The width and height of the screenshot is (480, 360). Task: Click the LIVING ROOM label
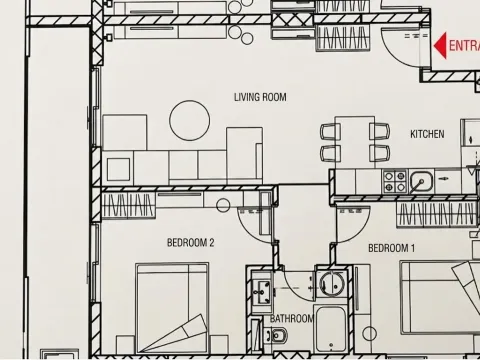(x=260, y=97)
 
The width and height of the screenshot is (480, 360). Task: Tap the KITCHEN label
(x=427, y=133)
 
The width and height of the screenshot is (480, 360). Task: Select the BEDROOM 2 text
(x=190, y=242)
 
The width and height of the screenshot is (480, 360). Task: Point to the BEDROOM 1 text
(x=391, y=248)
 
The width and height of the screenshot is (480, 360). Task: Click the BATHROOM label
(x=292, y=319)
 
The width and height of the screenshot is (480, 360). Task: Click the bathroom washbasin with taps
(x=262, y=291)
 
